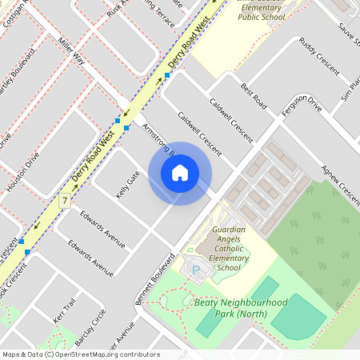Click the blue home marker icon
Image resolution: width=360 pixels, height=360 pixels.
click(x=180, y=172)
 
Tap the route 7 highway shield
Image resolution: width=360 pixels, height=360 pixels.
click(x=64, y=198)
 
